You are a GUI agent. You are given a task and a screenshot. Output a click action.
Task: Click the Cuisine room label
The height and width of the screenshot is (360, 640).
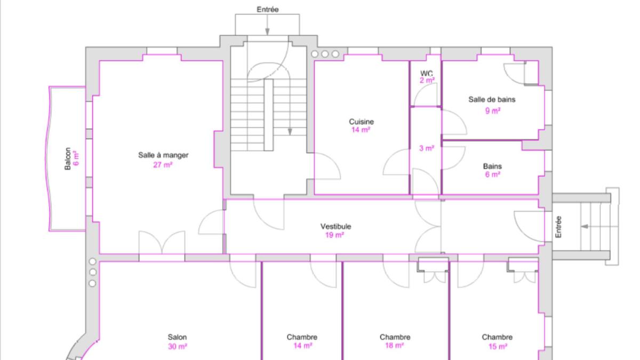point(362,122)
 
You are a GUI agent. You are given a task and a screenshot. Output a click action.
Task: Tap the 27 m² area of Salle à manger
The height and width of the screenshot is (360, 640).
point(163,165)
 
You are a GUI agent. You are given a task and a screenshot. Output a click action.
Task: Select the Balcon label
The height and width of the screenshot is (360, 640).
point(68,158)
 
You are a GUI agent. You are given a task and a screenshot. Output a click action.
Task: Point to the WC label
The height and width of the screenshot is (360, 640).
point(427,73)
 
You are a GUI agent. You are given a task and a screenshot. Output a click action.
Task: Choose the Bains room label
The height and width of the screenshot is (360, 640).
point(492,166)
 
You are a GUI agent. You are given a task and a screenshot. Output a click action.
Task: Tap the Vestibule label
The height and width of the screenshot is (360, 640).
point(335,227)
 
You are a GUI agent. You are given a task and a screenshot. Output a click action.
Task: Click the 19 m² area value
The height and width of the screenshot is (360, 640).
point(334,235)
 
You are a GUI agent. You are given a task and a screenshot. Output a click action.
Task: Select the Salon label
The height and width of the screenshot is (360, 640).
point(177,337)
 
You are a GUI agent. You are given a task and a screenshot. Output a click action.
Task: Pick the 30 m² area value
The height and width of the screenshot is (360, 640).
point(178,347)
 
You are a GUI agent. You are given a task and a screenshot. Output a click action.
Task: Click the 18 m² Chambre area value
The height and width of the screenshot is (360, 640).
point(394,346)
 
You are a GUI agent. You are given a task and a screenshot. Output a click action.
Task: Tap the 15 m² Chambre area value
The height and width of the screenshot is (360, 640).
point(498,347)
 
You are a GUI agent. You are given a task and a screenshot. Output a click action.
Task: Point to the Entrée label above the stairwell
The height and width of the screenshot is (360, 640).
point(267,10)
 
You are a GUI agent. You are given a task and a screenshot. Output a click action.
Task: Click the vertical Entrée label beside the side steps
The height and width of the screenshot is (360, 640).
point(558,227)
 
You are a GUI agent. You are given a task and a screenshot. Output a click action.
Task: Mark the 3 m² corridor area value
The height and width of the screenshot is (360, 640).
point(427,148)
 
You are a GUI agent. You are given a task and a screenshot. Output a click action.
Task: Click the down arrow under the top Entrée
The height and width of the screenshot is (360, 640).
point(267,25)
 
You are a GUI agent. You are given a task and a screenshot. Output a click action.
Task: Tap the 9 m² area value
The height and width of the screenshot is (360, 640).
point(493,110)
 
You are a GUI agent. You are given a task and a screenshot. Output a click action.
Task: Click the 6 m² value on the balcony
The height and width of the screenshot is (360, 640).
point(76,158)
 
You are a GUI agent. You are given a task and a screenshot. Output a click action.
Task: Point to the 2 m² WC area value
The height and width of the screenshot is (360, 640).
point(427,81)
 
